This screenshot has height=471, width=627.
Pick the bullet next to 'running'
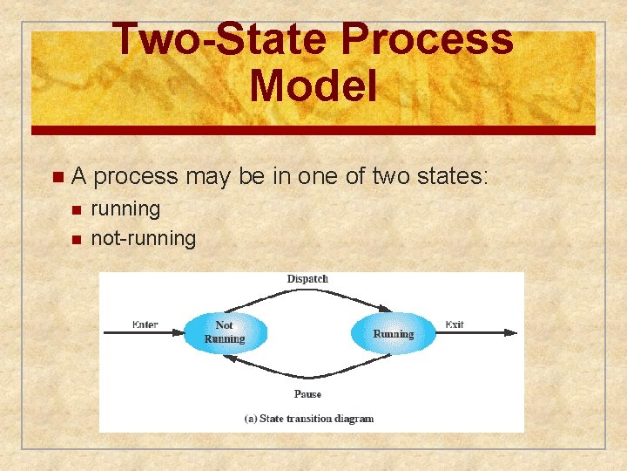[x=76, y=210]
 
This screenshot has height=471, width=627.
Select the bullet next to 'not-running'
[x=76, y=239]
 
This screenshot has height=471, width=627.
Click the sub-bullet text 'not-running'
[x=144, y=238]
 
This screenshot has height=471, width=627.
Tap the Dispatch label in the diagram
[x=307, y=279]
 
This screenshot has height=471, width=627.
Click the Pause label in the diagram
[x=307, y=394]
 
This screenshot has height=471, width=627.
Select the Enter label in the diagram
[x=145, y=324]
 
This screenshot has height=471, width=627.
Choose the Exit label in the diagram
[x=454, y=324]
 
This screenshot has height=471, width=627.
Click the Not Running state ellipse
[x=225, y=332]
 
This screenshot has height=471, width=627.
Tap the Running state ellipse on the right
[x=393, y=333]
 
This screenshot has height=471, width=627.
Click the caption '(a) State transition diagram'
[x=308, y=419]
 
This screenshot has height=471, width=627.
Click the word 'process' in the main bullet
[x=134, y=177]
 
